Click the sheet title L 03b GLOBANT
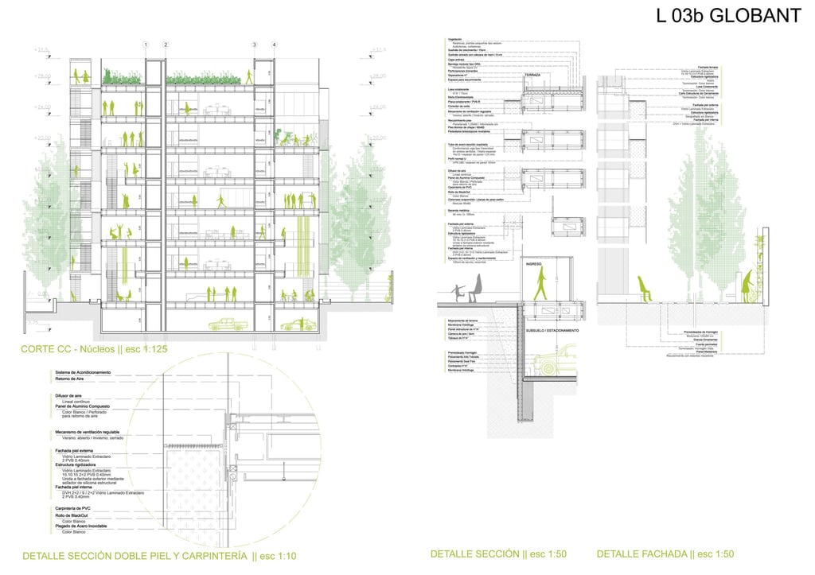point(727,16)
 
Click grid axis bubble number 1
point(146,45)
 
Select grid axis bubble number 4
point(274,45)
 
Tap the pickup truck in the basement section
point(226,324)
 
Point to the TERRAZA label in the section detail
point(532,76)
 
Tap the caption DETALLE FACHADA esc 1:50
point(665,554)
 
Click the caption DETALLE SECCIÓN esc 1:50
point(498,554)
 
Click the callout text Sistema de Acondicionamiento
point(83,372)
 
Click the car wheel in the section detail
point(548,367)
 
